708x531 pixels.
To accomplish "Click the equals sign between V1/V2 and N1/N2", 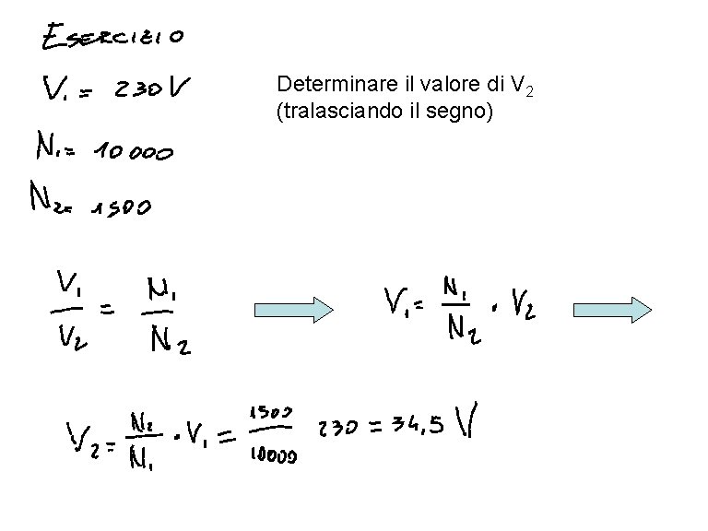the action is [x=108, y=311].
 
